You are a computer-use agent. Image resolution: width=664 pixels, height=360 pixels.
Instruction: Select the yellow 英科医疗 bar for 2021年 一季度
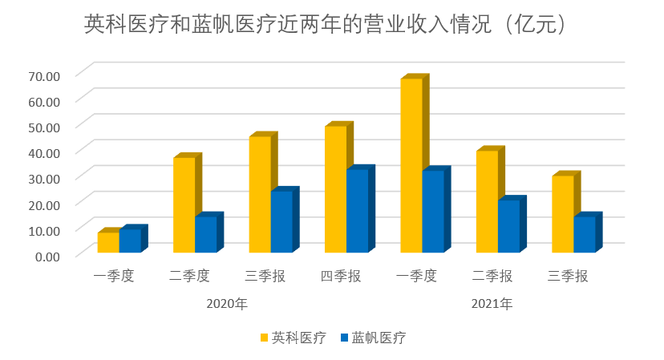click(411, 165)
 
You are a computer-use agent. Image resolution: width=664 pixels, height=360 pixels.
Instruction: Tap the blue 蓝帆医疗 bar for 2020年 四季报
click(357, 210)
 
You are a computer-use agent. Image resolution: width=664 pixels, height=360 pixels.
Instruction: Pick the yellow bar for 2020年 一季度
click(108, 243)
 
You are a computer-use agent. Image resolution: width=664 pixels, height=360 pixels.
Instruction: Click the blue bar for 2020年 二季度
click(205, 234)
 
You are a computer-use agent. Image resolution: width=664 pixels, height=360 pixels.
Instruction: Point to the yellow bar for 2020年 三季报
click(260, 194)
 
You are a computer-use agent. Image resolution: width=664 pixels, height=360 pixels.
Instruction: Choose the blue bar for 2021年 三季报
click(584, 234)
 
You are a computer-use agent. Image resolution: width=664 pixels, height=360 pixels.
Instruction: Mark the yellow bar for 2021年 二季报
click(487, 201)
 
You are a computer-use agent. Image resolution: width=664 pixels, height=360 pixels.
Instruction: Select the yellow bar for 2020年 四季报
click(335, 189)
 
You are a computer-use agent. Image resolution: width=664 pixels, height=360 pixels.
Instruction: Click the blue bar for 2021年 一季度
click(432, 211)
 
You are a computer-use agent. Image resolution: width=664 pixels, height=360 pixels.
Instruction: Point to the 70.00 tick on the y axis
click(43, 75)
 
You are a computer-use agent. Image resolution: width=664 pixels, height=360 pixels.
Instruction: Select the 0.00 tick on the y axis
click(47, 256)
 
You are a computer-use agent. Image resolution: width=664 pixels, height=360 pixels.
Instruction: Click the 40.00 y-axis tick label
click(43, 152)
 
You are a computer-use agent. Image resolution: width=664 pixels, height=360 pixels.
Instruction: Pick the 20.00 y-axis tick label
click(43, 204)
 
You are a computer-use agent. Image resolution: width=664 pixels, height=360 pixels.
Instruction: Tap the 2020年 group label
click(227, 304)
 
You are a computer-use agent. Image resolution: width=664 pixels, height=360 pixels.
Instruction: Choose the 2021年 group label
click(492, 304)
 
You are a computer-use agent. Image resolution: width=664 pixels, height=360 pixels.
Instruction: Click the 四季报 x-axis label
click(341, 277)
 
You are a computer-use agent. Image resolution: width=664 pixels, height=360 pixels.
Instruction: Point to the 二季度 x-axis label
click(189, 277)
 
